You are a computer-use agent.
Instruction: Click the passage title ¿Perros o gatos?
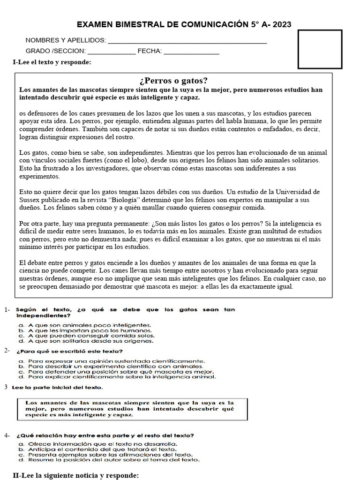coord(174,80)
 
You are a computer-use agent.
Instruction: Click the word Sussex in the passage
coord(30,200)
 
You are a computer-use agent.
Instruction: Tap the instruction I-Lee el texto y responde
coord(52,62)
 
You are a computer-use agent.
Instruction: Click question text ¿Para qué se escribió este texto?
coord(70,351)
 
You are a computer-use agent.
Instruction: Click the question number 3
coord(6,387)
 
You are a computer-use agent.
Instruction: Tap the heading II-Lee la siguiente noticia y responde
coord(76,475)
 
